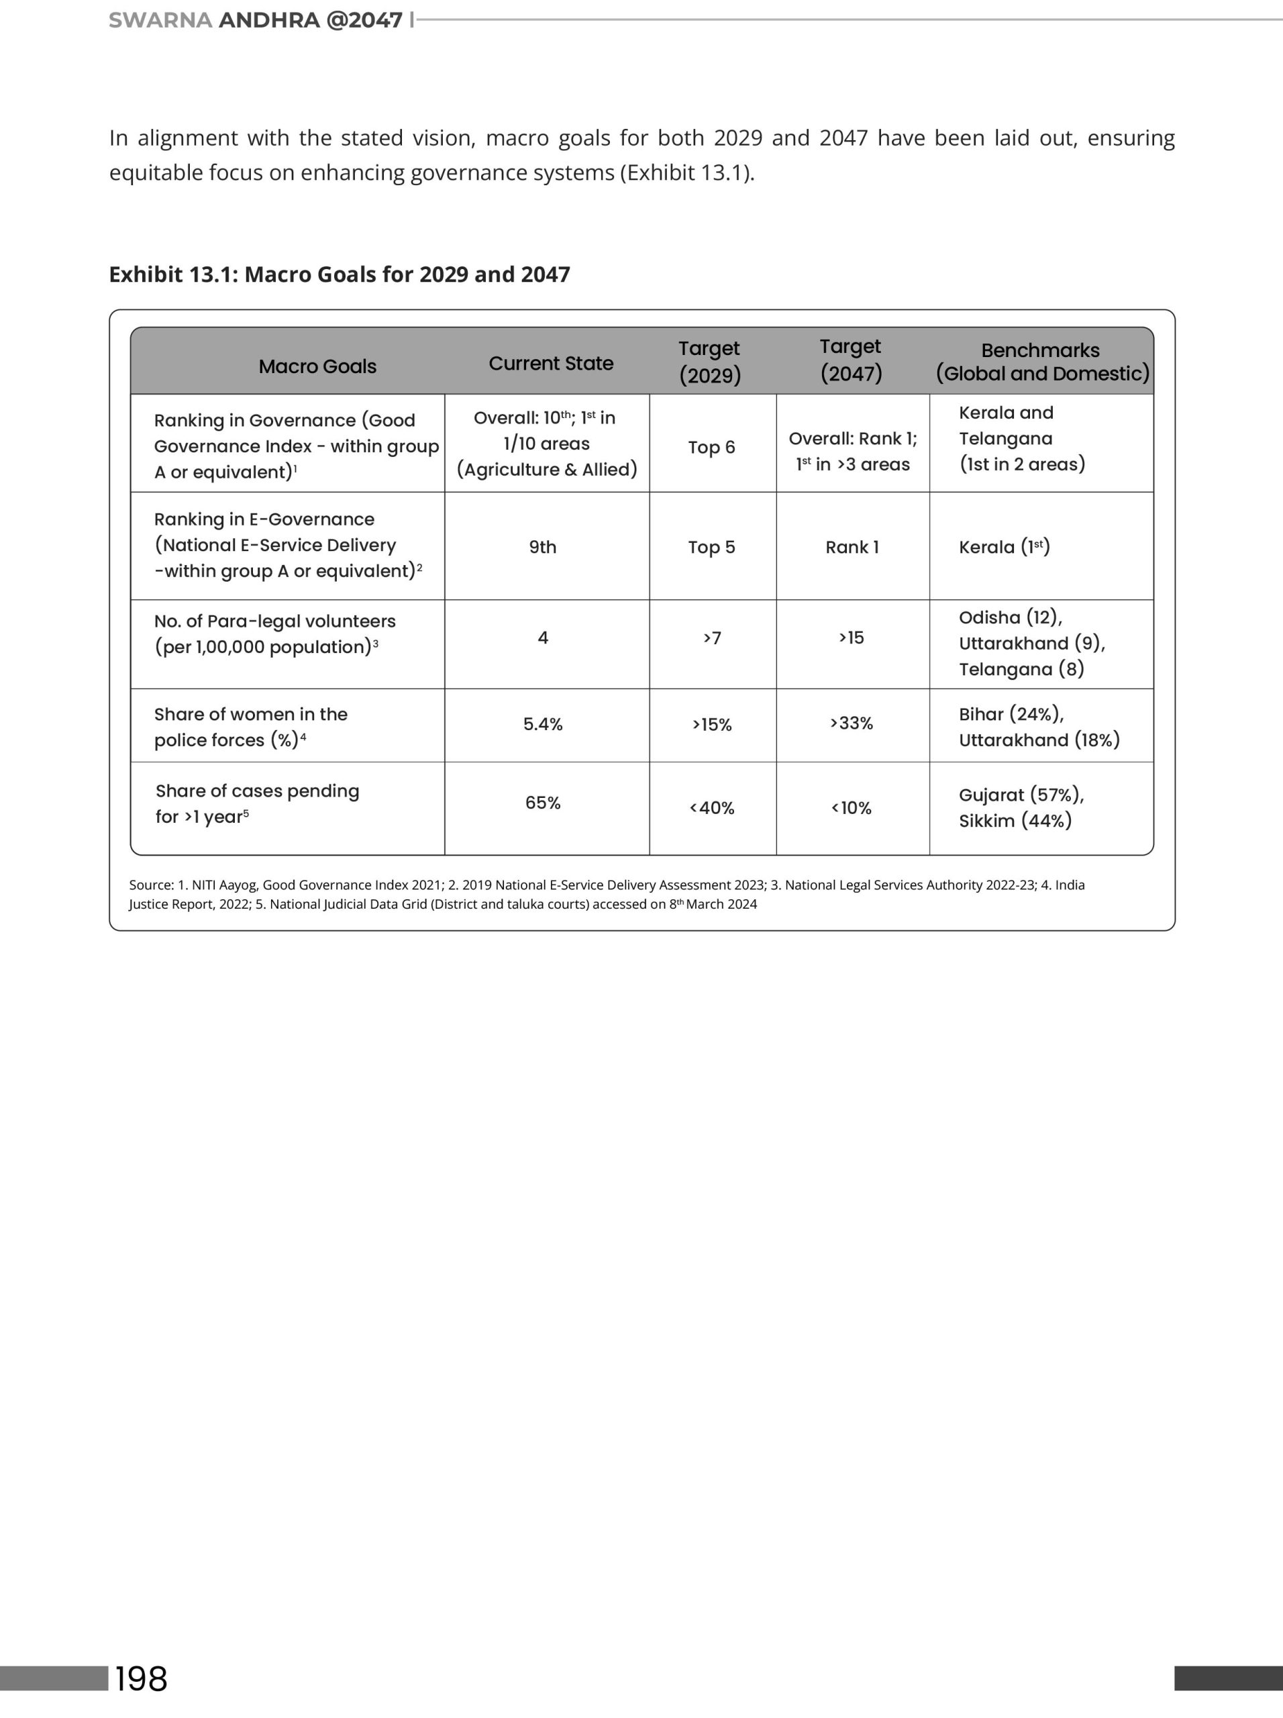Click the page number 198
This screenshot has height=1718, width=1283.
(142, 1678)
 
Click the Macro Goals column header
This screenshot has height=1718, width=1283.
(317, 366)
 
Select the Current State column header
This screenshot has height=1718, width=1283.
(551, 364)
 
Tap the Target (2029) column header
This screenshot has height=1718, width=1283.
(710, 362)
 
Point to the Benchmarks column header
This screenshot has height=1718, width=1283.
(1041, 362)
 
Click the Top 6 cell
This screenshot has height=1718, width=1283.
(711, 448)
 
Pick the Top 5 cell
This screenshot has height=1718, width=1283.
(711, 548)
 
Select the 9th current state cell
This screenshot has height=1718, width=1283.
(543, 548)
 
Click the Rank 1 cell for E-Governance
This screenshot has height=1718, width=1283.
(852, 548)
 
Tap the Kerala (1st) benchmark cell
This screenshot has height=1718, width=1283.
(1004, 548)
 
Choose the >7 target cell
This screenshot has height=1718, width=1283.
(712, 638)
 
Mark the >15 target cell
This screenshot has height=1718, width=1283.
(851, 638)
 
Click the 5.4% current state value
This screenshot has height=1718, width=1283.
(543, 725)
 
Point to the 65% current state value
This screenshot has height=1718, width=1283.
(543, 803)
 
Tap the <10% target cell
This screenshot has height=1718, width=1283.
(851, 809)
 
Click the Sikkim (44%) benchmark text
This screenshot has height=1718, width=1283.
(1015, 821)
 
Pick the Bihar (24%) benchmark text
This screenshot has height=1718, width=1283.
(1011, 715)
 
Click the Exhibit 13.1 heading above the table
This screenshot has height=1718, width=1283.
(340, 275)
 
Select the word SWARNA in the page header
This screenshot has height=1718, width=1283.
(160, 20)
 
